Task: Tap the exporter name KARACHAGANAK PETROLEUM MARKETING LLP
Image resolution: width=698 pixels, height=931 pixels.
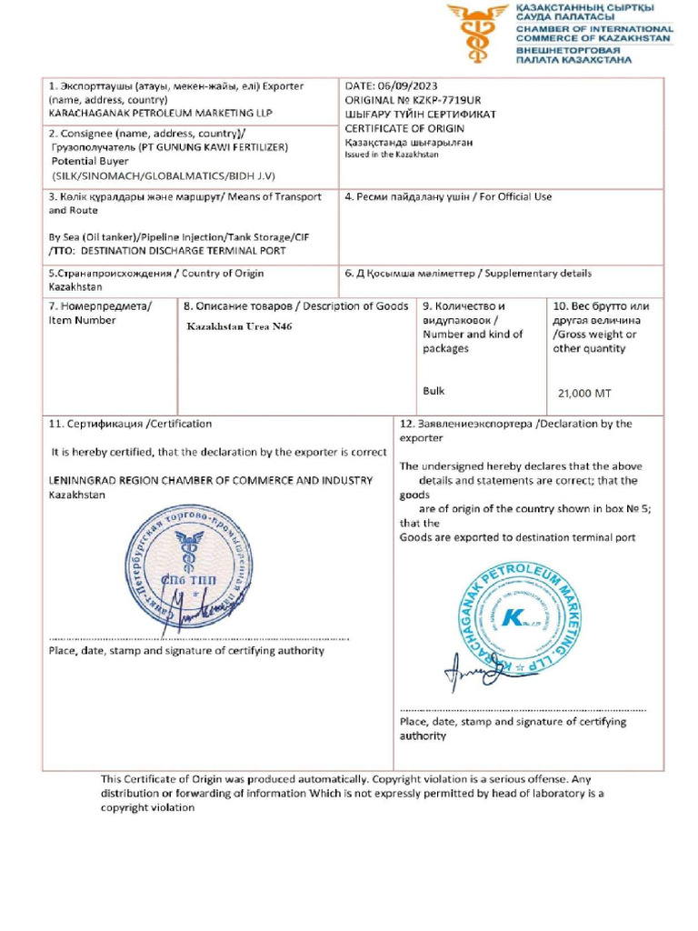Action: click(160, 114)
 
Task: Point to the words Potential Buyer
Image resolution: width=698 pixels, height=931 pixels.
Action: click(91, 160)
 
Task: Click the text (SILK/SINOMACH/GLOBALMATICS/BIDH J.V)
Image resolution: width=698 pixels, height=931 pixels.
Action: click(164, 175)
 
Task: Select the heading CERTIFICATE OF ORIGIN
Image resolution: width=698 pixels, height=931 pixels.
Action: click(404, 128)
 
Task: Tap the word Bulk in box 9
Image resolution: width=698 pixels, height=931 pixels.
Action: click(434, 391)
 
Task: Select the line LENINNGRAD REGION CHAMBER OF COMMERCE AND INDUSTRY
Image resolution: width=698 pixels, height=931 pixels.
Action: click(210, 481)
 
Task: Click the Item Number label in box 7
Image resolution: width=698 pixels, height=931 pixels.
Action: click(82, 320)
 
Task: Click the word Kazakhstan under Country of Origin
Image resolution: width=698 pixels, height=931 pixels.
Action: click(75, 286)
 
